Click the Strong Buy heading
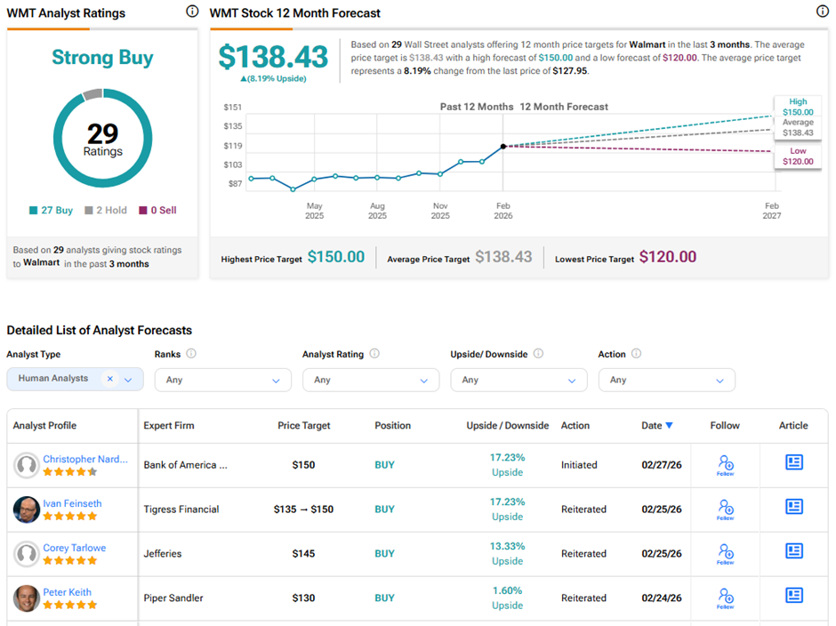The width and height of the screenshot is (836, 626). click(102, 59)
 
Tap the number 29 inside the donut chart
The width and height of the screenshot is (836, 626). click(102, 133)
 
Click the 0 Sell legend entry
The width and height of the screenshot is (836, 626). click(157, 211)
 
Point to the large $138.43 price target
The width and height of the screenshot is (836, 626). click(274, 57)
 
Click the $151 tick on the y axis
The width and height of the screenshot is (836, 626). click(233, 107)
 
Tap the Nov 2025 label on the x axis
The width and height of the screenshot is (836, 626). click(440, 210)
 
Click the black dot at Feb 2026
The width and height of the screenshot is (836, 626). click(503, 146)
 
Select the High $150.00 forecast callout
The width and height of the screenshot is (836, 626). click(798, 106)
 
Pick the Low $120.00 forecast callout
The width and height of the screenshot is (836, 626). click(798, 156)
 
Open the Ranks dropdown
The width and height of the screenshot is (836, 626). click(222, 380)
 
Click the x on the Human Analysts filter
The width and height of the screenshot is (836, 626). click(110, 379)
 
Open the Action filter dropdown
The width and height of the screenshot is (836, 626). click(666, 380)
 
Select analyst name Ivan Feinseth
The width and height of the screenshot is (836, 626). click(72, 503)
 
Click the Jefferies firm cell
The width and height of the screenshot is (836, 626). click(162, 554)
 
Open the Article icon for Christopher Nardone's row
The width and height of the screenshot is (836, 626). click(793, 462)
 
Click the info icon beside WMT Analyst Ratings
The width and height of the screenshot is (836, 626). click(192, 12)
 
